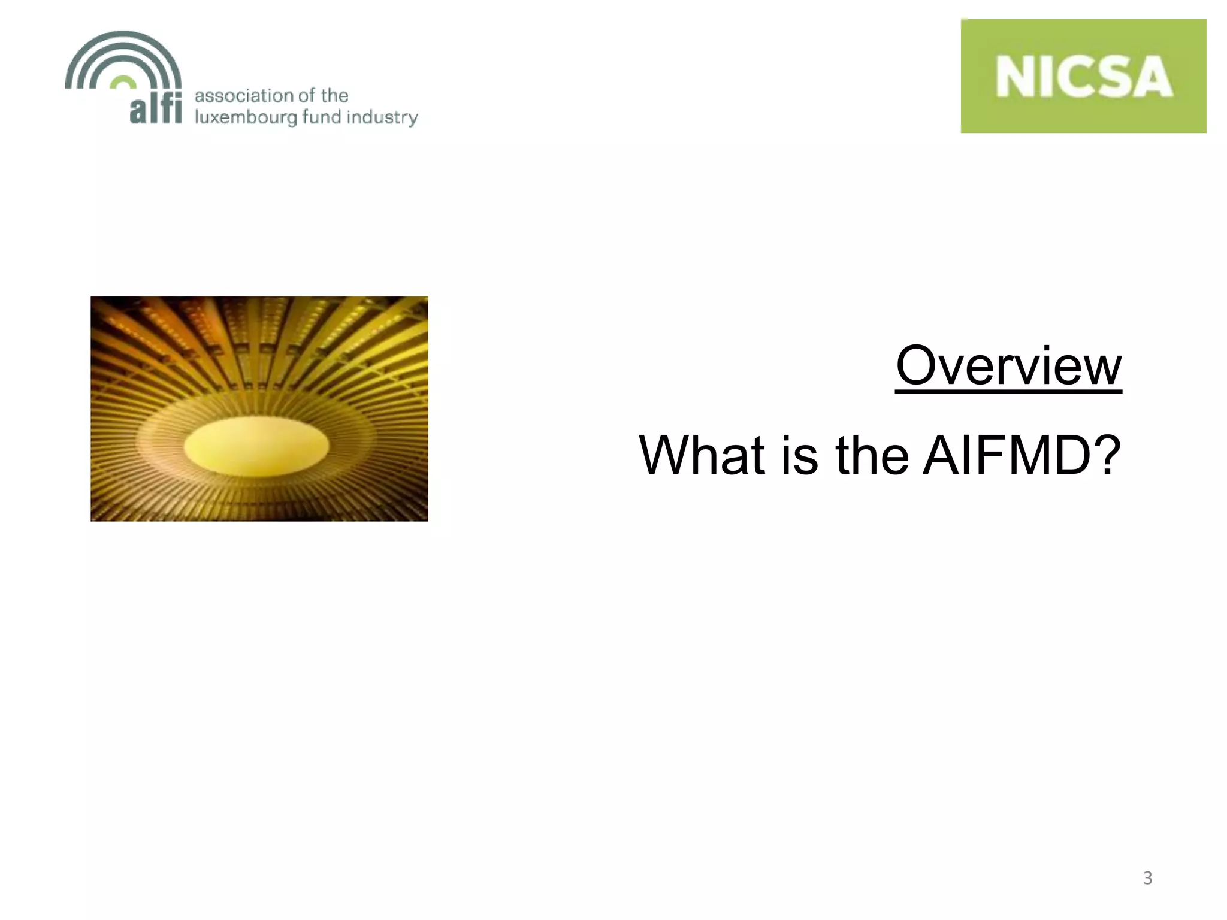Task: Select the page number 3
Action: (1147, 878)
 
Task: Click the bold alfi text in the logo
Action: (156, 109)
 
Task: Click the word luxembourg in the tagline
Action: (246, 117)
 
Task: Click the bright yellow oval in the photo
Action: (256, 446)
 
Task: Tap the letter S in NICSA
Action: (1116, 77)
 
